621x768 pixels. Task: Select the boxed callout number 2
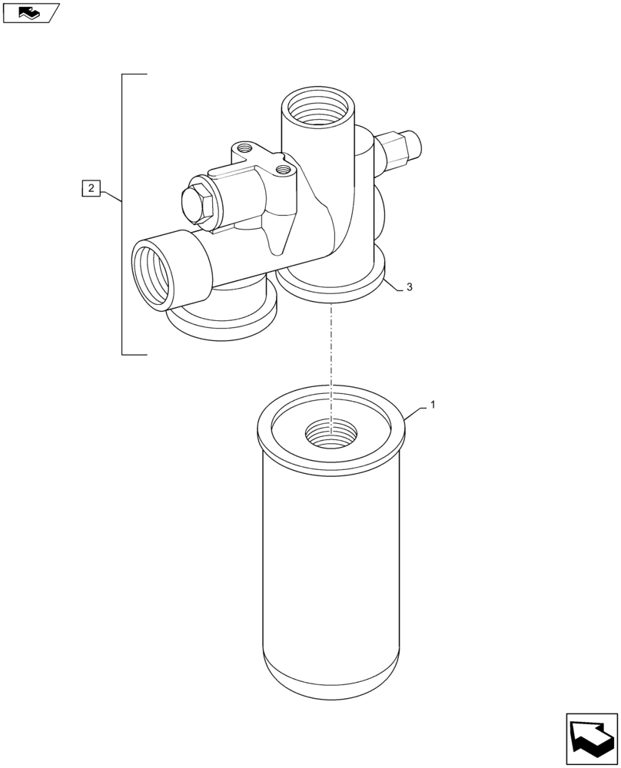pos(90,187)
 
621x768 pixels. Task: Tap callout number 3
pos(409,286)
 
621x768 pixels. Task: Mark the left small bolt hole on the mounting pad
pos(246,146)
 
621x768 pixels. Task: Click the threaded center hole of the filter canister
pos(330,434)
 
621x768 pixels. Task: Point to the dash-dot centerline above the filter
pos(331,346)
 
